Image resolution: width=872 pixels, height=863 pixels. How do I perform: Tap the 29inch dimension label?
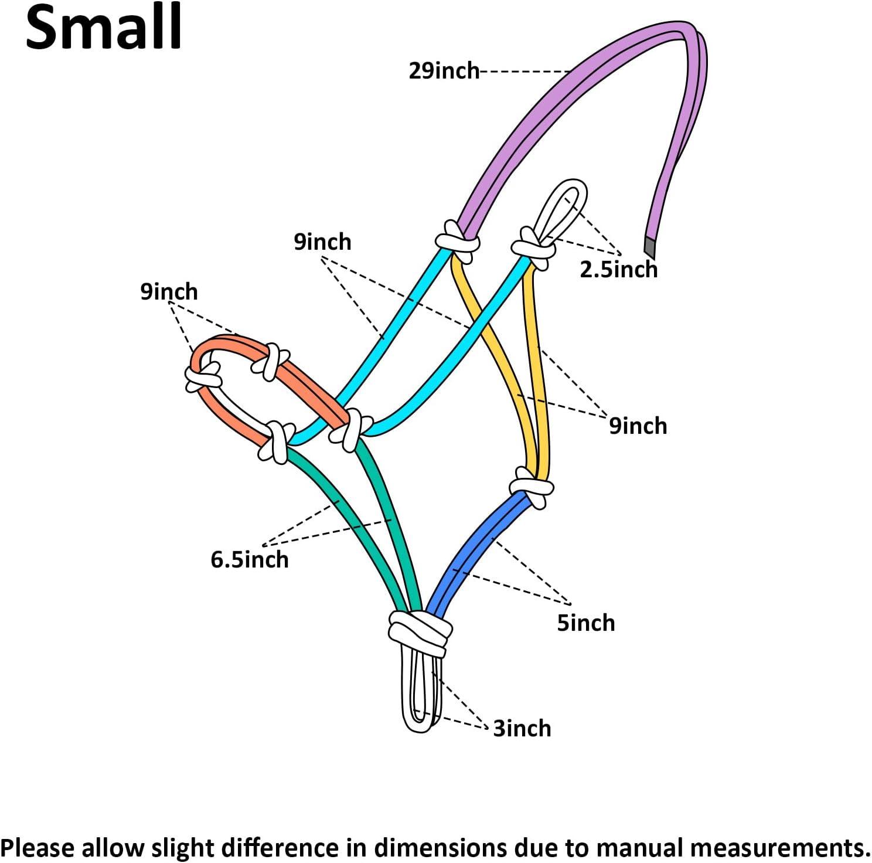[x=444, y=71]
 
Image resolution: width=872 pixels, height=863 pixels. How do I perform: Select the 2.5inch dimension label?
[x=619, y=270]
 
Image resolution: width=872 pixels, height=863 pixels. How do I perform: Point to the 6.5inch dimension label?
[x=250, y=560]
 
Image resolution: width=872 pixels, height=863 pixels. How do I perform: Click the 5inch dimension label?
[x=585, y=623]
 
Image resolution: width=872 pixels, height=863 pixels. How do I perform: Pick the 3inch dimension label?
[x=522, y=729]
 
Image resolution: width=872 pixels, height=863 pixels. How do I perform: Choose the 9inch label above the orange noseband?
[x=169, y=291]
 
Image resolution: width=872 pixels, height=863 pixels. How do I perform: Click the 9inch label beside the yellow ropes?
[x=638, y=426]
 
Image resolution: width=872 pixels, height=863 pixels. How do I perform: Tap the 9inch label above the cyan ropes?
[x=322, y=242]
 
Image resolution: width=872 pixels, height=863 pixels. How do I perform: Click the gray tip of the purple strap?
[x=649, y=247]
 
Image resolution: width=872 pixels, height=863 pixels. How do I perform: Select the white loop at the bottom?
[x=421, y=695]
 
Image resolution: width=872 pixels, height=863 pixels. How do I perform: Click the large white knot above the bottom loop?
[x=420, y=631]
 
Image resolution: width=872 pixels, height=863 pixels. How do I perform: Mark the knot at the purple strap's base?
[x=458, y=240]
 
